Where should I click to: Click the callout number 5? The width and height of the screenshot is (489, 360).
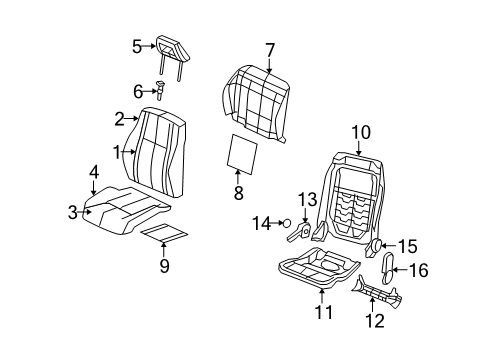[x=137, y=45]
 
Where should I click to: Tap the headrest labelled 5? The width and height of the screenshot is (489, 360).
[x=171, y=48]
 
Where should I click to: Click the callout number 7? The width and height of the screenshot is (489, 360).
[x=269, y=49]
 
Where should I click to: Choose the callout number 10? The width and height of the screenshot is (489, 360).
[x=360, y=130]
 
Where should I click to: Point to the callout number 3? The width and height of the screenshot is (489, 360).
[x=72, y=211]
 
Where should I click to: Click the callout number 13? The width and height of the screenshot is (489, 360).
[x=307, y=199]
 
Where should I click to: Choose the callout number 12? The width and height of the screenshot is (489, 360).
[x=373, y=320]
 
